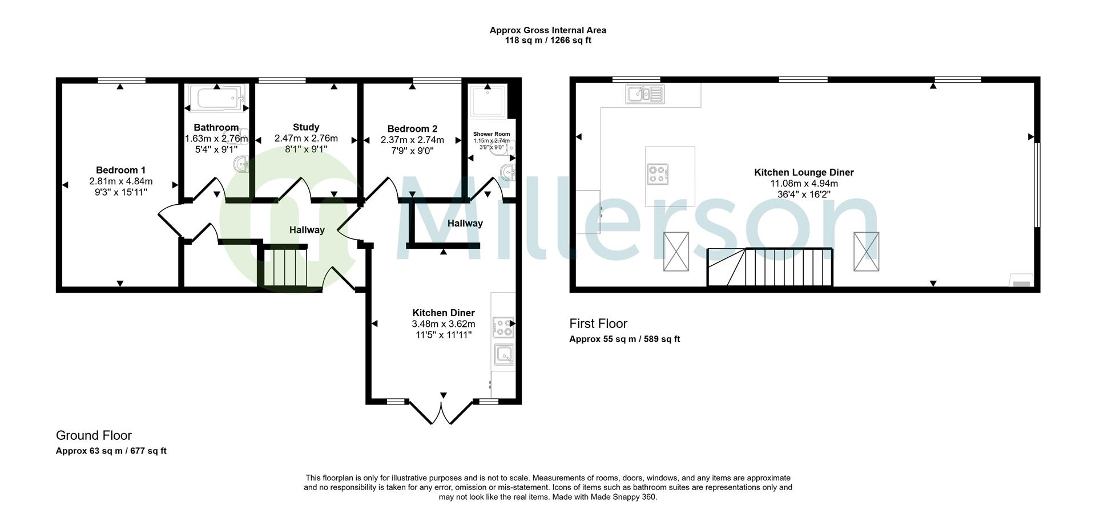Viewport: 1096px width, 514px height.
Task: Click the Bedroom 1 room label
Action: (x=120, y=170)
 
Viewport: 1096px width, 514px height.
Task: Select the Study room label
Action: (x=306, y=127)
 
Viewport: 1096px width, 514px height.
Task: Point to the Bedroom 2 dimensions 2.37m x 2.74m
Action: (x=412, y=140)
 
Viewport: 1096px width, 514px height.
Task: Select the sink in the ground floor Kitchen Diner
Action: (x=504, y=355)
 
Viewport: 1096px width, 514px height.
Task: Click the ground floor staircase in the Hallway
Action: (x=284, y=266)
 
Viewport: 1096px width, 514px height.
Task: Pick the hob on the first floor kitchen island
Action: (x=658, y=174)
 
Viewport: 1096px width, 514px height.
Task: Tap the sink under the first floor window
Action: (x=645, y=94)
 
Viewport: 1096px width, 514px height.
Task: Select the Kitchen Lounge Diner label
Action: (x=804, y=172)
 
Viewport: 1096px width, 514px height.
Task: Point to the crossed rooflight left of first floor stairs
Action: (x=676, y=252)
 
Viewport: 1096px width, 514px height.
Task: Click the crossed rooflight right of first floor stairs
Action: (x=866, y=252)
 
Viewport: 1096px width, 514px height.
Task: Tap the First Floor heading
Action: (x=598, y=323)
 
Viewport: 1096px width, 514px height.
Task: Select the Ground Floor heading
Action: (x=94, y=435)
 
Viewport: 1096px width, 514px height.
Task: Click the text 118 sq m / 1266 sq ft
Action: (x=547, y=41)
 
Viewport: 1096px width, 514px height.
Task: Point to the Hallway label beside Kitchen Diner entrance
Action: (x=465, y=224)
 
